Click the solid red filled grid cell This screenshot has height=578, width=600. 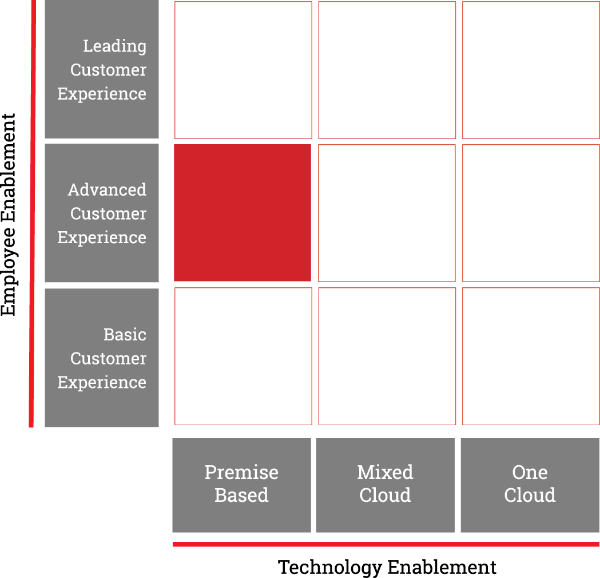tap(243, 213)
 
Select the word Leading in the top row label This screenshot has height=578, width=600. tap(115, 47)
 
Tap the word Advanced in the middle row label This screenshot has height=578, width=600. tap(107, 189)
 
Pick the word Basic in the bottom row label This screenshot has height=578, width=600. tap(125, 334)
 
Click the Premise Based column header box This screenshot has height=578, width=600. tap(241, 485)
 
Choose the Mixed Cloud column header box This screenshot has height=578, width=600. tap(386, 485)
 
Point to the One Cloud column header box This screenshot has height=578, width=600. tap(530, 485)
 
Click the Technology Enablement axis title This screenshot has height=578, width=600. tap(387, 567)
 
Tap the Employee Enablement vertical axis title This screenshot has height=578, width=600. tap(9, 215)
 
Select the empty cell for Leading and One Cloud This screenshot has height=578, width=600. tap(531, 70)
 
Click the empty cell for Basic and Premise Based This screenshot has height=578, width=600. tap(243, 357)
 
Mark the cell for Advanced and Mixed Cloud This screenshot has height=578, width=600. tap(387, 213)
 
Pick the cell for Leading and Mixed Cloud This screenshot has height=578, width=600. tap(387, 70)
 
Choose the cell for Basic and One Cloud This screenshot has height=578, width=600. tap(531, 357)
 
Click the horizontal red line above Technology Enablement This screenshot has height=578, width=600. tap(386, 544)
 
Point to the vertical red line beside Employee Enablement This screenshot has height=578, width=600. tap(33, 213)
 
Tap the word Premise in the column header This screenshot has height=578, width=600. tap(241, 473)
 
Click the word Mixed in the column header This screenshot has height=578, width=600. tap(386, 472)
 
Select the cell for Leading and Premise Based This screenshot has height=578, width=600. tap(243, 70)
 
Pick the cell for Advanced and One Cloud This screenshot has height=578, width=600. tap(531, 213)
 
